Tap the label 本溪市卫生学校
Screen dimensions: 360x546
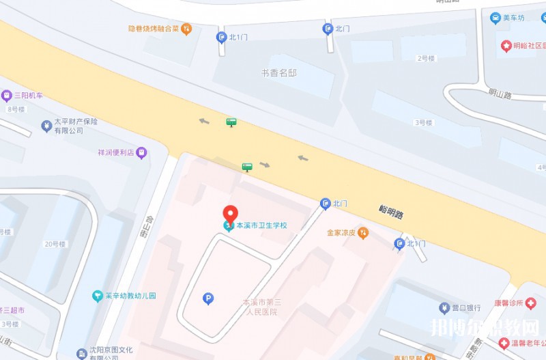pos(261,225)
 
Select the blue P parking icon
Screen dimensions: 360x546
pos(208,298)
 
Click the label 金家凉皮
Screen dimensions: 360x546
pos(342,233)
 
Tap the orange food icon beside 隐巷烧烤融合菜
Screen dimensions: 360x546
pos(187,29)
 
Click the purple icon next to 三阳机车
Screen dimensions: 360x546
pos(6,96)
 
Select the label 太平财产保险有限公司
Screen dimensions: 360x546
pos(76,126)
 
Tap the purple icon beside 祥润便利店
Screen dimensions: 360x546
pos(142,152)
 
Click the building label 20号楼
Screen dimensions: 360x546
pos(55,244)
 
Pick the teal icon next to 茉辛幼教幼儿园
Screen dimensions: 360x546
pos(98,296)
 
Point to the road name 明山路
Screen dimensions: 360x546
pos(500,95)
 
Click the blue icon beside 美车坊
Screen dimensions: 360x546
pos(495,18)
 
